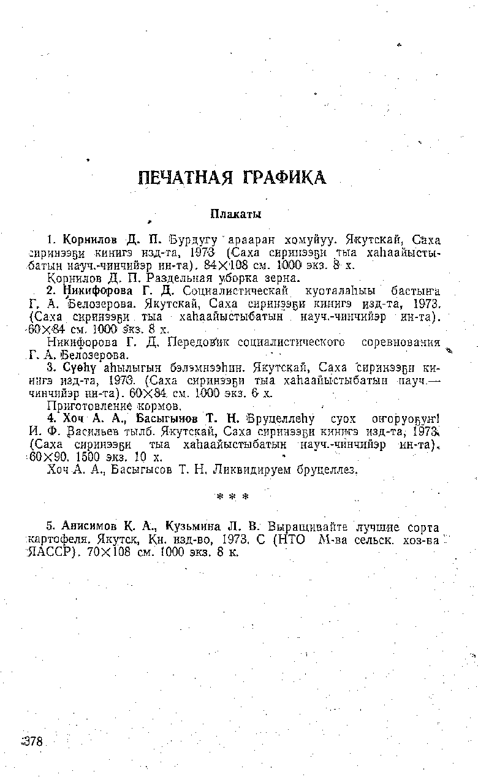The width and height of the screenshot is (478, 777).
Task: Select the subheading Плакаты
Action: coord(236,214)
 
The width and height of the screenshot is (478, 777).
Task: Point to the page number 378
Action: coord(32,741)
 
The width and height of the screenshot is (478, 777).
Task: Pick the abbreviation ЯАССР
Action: coord(55,551)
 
